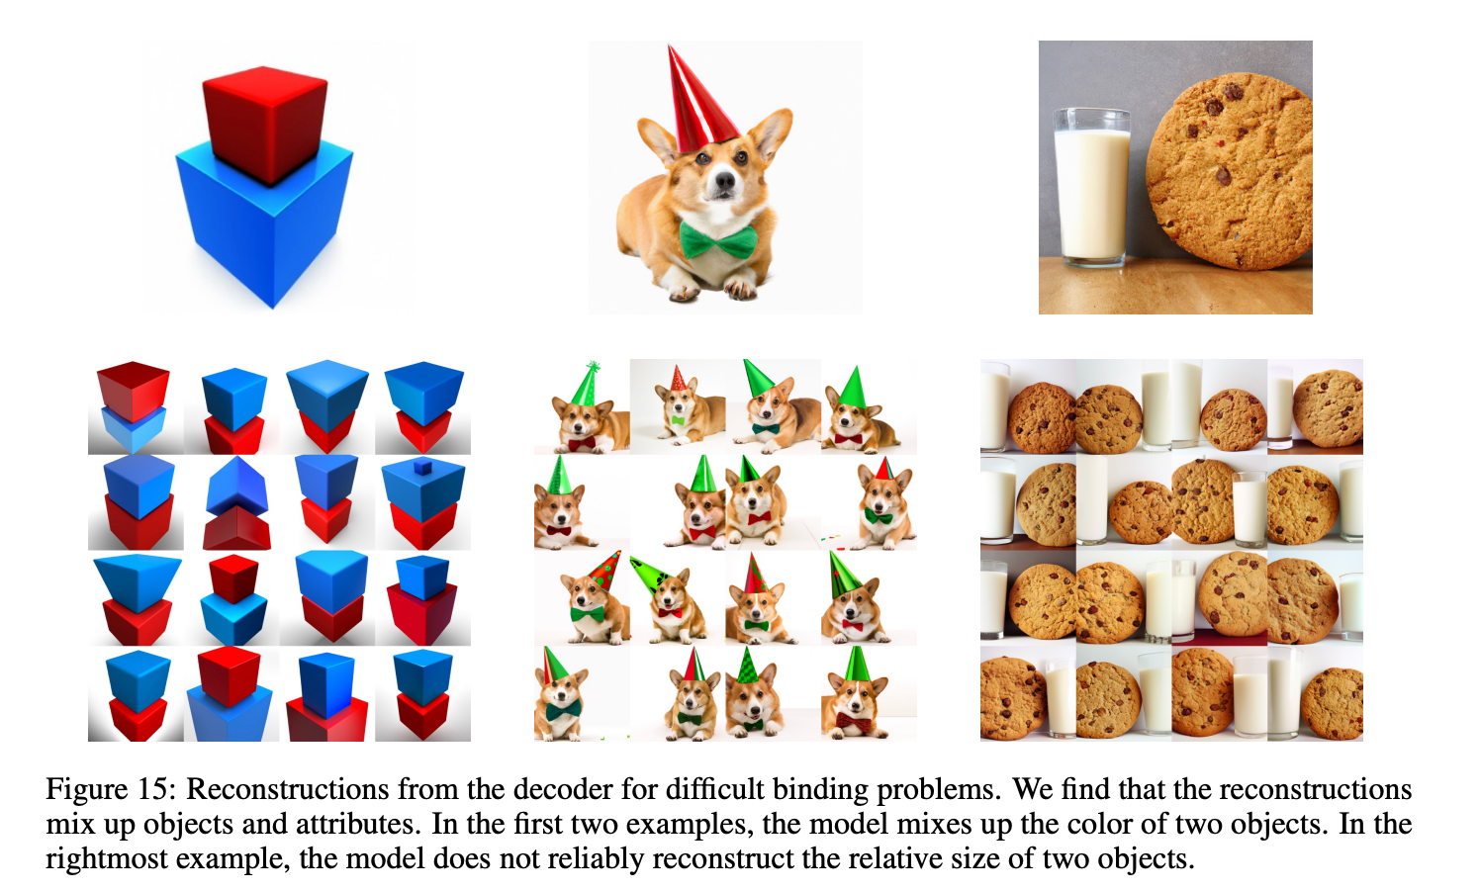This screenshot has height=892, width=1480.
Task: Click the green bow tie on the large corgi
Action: tap(719, 240)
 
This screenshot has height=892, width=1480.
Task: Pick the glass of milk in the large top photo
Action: tap(1091, 188)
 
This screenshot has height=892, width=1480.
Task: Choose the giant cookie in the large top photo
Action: tap(1229, 171)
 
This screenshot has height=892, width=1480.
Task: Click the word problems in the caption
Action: tap(939, 791)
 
